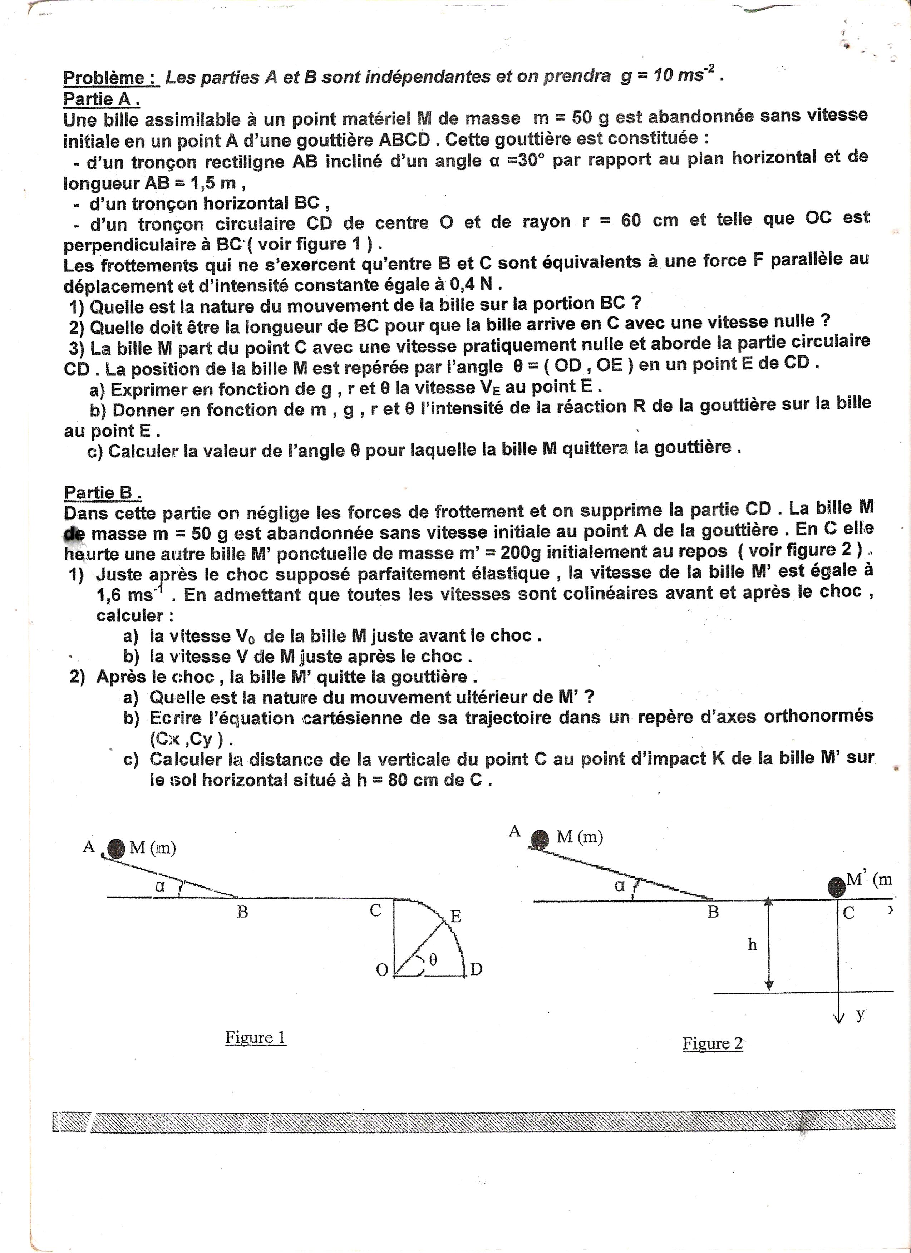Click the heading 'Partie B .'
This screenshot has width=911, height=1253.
tap(103, 493)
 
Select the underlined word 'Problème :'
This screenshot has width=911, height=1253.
tap(111, 78)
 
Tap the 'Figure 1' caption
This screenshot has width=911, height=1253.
tap(255, 1037)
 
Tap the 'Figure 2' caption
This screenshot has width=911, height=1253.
tap(713, 1043)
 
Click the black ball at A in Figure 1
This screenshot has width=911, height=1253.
tap(116, 848)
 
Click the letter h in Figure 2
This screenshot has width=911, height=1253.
tap(752, 945)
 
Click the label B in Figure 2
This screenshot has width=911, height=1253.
tap(713, 912)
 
